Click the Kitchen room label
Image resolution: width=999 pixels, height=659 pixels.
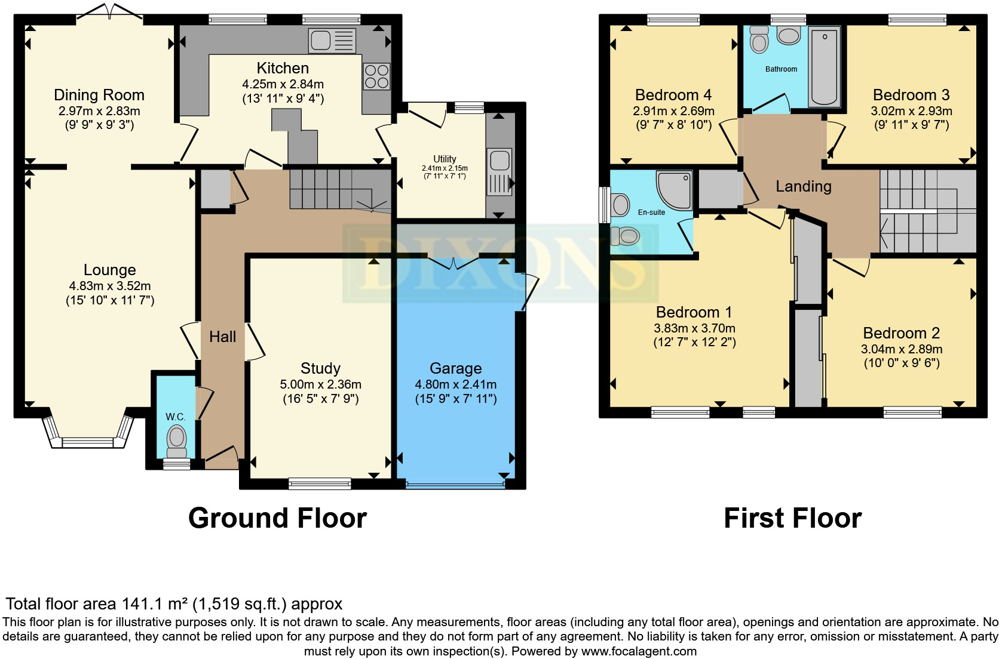283,68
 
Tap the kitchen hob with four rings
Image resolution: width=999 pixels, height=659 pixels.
376,76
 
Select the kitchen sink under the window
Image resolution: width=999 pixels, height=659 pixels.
332,40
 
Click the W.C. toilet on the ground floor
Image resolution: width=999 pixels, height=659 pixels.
176,441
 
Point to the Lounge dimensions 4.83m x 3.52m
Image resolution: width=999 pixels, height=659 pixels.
110,286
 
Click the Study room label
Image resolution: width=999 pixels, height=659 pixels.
320,368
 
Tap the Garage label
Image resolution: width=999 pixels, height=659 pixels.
455,368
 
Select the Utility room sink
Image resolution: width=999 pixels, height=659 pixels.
499,171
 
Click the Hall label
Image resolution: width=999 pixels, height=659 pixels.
222,337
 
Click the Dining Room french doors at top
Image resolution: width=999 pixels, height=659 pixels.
109,11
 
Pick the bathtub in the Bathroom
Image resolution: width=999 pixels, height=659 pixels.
824,67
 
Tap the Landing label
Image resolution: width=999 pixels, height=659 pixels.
803,186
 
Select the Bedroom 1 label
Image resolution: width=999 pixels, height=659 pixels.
694,312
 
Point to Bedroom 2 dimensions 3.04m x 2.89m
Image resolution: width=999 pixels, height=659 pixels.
901,349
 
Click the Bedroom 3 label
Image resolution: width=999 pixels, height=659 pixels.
911,95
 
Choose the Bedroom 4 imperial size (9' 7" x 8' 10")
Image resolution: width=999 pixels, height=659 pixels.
673,125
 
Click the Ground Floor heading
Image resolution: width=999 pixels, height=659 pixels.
277,518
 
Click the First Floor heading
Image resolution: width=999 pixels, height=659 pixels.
792,518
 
